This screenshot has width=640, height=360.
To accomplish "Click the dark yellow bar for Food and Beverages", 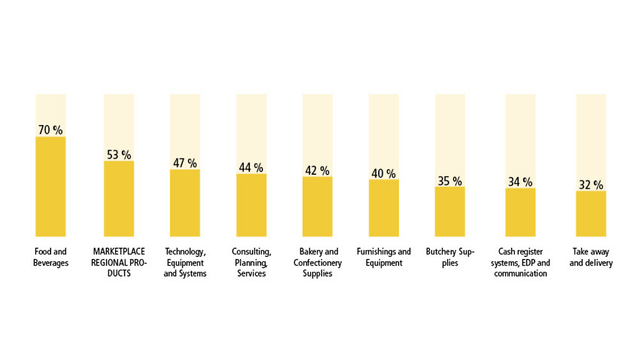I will [x=51, y=186].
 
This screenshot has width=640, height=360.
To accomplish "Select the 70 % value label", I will [x=51, y=130].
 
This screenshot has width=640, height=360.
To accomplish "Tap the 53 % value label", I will [x=119, y=154].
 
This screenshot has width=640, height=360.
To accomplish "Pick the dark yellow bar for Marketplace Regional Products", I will [x=119, y=199].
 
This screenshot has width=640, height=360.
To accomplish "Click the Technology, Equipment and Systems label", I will [x=185, y=263].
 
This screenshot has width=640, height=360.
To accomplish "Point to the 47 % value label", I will [x=185, y=163].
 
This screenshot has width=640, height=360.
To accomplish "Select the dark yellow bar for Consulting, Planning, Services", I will [x=251, y=205].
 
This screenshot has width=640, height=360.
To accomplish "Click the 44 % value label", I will [x=251, y=168].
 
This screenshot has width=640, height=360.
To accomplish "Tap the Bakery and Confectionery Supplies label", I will [x=318, y=263].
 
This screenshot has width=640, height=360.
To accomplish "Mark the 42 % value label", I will [x=317, y=170].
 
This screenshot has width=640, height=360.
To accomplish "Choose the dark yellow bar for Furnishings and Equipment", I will [x=383, y=208].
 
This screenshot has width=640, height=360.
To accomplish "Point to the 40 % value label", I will [x=383, y=174].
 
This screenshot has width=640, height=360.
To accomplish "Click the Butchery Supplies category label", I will [x=450, y=257].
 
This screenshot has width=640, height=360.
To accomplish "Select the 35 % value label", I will [x=450, y=181].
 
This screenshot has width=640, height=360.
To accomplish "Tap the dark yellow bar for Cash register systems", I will [x=520, y=212].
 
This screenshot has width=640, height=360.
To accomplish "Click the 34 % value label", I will [x=520, y=182].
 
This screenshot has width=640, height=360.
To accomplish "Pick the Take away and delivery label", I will [x=591, y=257].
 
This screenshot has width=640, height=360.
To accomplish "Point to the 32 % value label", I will [x=590, y=185].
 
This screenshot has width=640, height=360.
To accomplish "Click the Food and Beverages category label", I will [x=51, y=257].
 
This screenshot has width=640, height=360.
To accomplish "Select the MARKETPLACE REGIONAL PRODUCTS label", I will [x=119, y=263].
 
